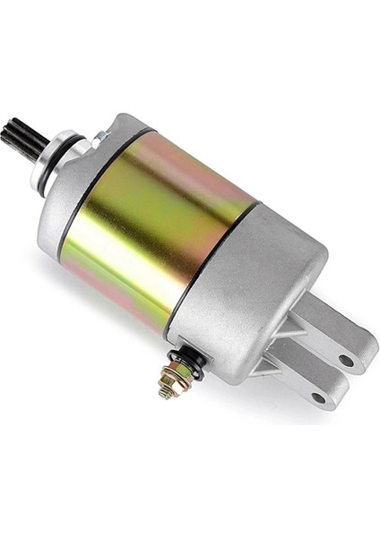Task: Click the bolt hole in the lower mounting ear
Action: [x=317, y=397]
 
